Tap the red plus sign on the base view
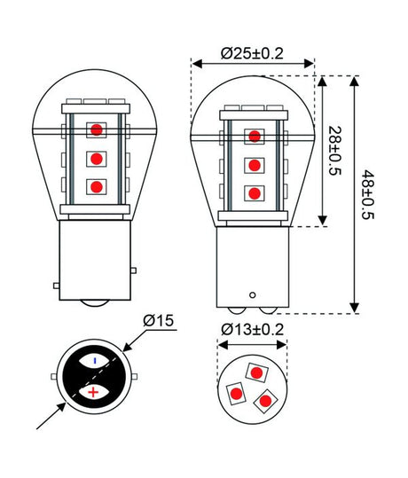click(94, 391)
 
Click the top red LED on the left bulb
click(95, 130)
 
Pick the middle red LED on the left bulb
click(95, 160)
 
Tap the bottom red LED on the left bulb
click(95, 187)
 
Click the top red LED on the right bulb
click(255, 136)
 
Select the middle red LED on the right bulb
click(255, 165)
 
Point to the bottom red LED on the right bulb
click(255, 192)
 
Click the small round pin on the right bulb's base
click(254, 294)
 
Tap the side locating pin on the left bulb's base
click(58, 286)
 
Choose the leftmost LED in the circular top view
click(237, 391)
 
